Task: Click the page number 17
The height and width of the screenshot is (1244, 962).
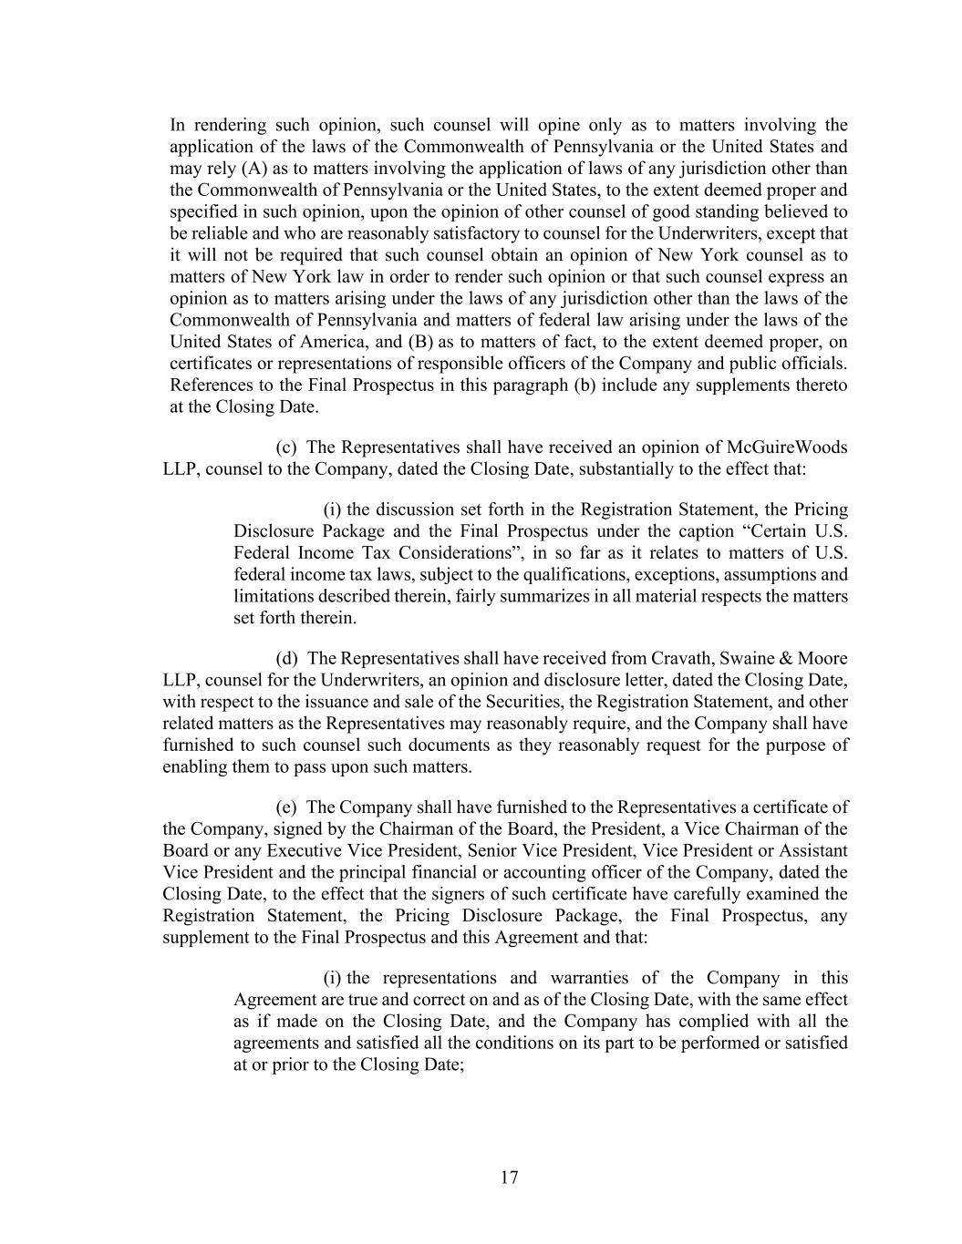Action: tap(509, 1177)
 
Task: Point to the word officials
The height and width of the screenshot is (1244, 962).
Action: tap(814, 364)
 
